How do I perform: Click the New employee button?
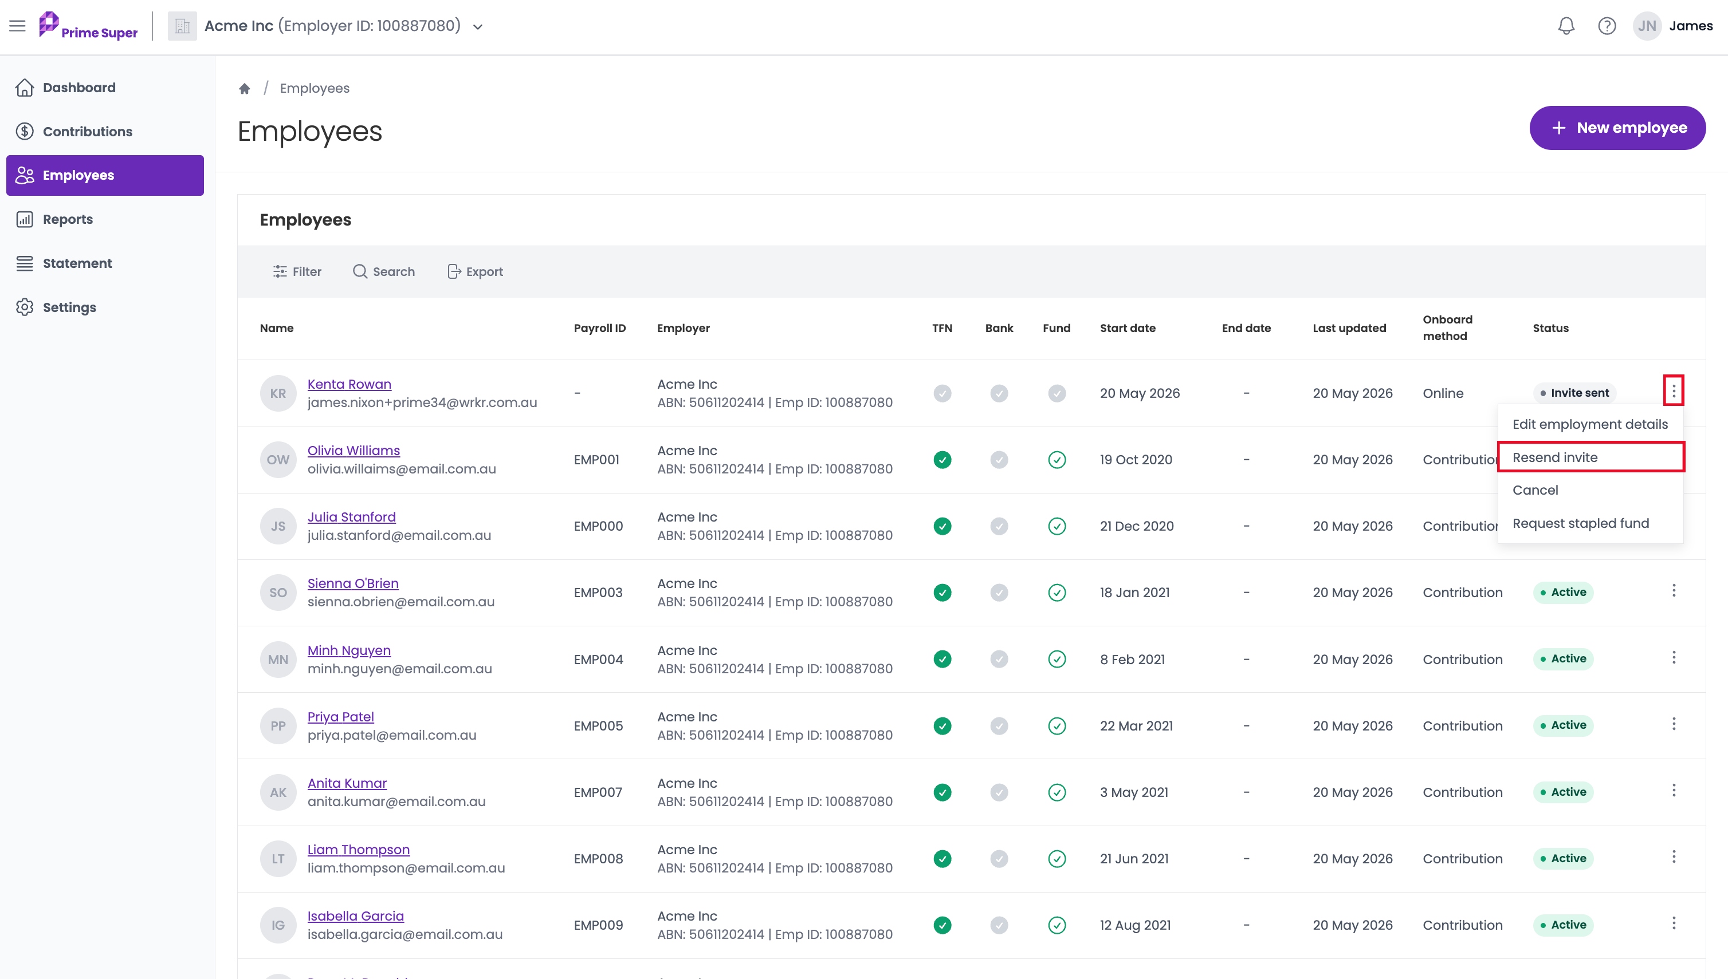point(1617,128)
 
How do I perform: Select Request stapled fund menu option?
point(1581,523)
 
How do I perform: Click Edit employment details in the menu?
point(1590,424)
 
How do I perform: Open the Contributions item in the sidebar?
point(87,131)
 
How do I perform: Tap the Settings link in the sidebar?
point(69,307)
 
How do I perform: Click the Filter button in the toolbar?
point(297,271)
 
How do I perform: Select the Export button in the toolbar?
point(475,271)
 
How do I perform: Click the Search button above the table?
point(383,271)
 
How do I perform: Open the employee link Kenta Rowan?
point(349,384)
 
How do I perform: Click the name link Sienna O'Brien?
point(352,583)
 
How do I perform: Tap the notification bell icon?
point(1566,26)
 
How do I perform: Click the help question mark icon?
point(1607,26)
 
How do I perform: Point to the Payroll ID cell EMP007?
point(598,792)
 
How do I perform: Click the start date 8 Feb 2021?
point(1133,660)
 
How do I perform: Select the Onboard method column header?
point(1447,327)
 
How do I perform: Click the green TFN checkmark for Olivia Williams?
point(942,460)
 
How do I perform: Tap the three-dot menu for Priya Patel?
point(1674,724)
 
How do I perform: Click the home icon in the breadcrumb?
point(244,88)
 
